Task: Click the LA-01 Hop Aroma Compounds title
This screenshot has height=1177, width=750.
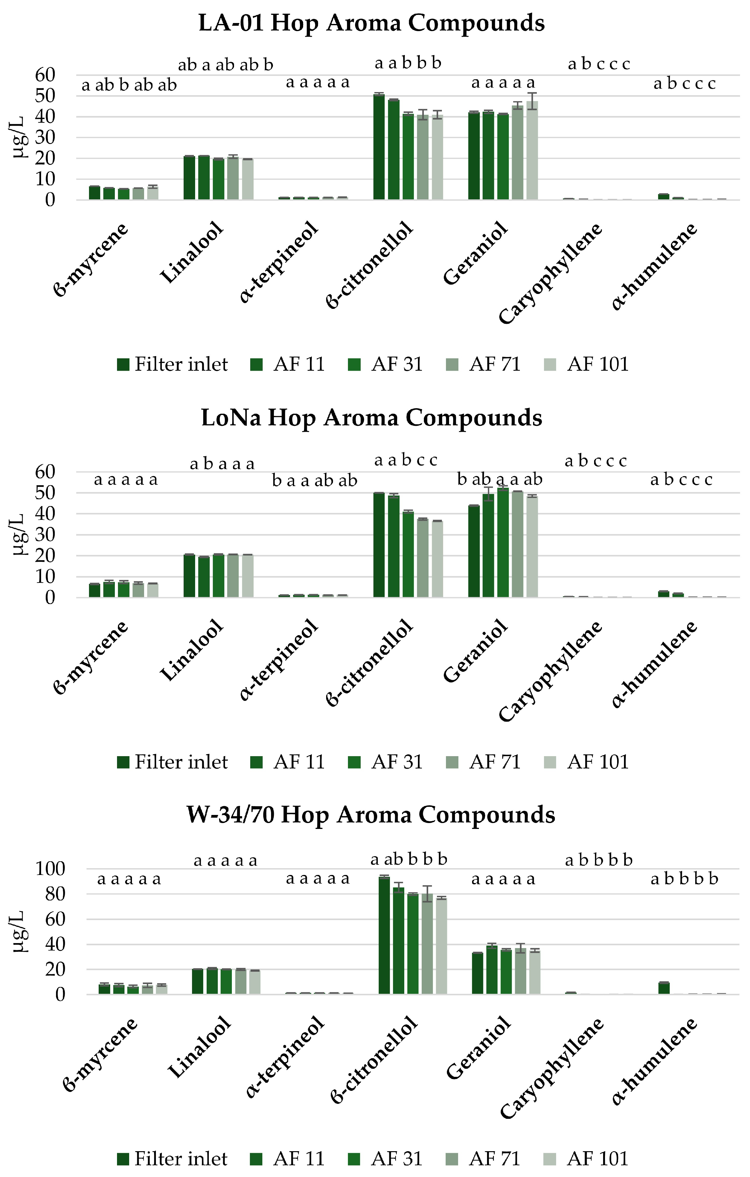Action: pos(372,23)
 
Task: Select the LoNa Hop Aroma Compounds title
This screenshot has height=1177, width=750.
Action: pos(372,418)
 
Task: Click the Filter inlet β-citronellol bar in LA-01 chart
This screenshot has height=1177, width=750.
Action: pos(379,147)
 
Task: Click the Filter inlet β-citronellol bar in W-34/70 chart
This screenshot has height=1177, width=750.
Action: pos(384,936)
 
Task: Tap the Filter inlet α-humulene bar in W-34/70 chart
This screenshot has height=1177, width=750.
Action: pos(663,988)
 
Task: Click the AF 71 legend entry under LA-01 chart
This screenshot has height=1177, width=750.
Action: pos(484,365)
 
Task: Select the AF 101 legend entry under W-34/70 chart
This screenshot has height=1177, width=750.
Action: pos(586,1159)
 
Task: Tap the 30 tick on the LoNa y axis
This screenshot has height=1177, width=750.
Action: pos(45,534)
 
